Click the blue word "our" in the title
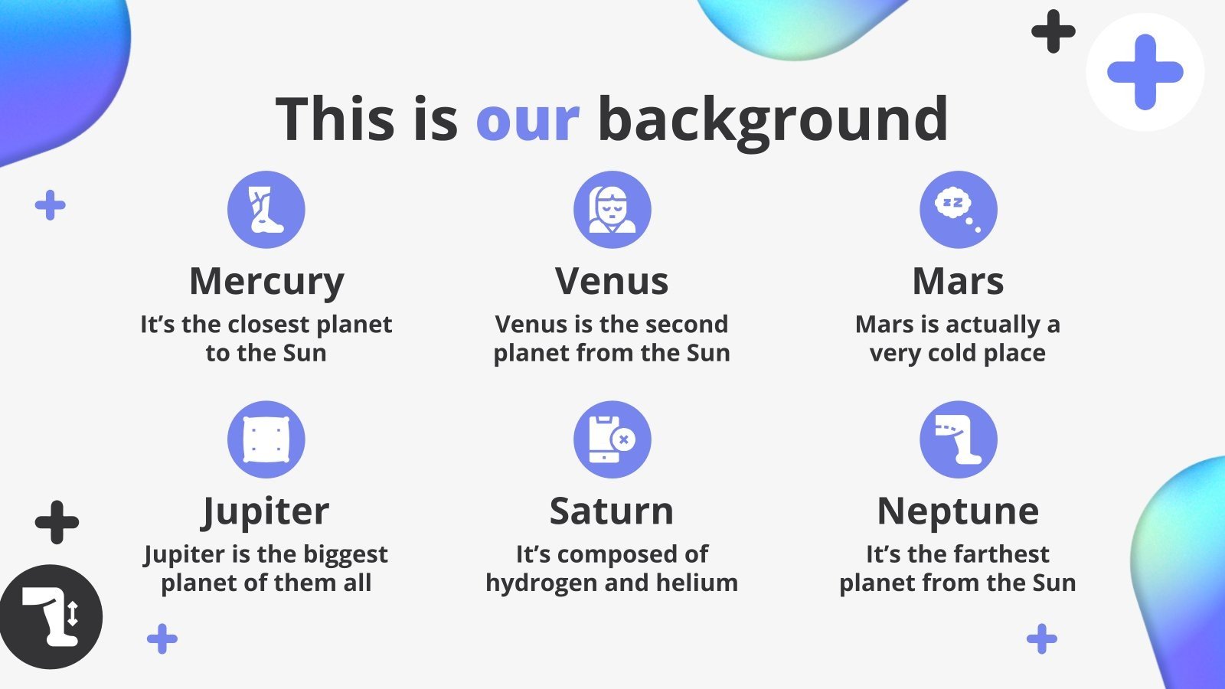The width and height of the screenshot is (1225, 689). pyautogui.click(x=528, y=119)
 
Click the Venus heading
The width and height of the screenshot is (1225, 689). pyautogui.click(x=612, y=282)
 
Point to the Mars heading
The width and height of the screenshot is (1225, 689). pyautogui.click(x=958, y=282)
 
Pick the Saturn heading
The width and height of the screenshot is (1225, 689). pyautogui.click(x=612, y=512)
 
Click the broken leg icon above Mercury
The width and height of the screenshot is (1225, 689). pyautogui.click(x=266, y=210)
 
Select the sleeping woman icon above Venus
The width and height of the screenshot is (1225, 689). pyautogui.click(x=612, y=210)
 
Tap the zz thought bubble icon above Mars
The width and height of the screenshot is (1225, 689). pyautogui.click(x=959, y=210)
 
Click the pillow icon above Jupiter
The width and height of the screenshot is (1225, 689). pyautogui.click(x=266, y=439)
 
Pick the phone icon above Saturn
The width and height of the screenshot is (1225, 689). pyautogui.click(x=612, y=439)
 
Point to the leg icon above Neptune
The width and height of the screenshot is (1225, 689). pyautogui.click(x=959, y=439)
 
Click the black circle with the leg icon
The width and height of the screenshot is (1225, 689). pyautogui.click(x=51, y=617)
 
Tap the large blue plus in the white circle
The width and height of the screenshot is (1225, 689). pyautogui.click(x=1145, y=72)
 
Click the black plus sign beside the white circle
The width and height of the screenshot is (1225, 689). pyautogui.click(x=1053, y=31)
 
